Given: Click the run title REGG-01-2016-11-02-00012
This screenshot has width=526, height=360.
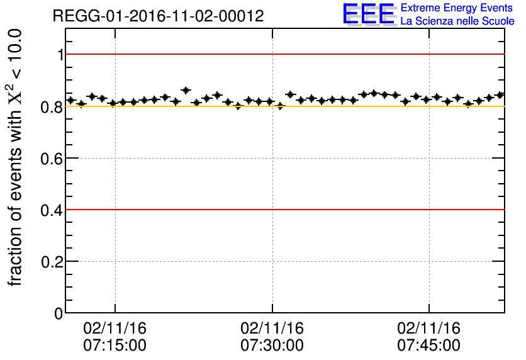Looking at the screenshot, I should point(158,16).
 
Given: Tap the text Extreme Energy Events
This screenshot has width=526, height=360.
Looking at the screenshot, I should point(457,8).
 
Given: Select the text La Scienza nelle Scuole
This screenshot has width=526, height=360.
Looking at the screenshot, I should point(457,21).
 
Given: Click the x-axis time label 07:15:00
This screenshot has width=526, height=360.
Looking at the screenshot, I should point(115,346).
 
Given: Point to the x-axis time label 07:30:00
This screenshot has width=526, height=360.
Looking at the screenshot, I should point(272,346).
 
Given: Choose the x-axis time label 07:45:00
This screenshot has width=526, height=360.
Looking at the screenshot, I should point(429,346).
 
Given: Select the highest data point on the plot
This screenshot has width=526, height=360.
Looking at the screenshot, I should point(186,91).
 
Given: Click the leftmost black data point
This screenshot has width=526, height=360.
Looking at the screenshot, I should point(71,100).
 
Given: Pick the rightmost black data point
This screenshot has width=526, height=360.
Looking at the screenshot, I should point(500,95).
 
